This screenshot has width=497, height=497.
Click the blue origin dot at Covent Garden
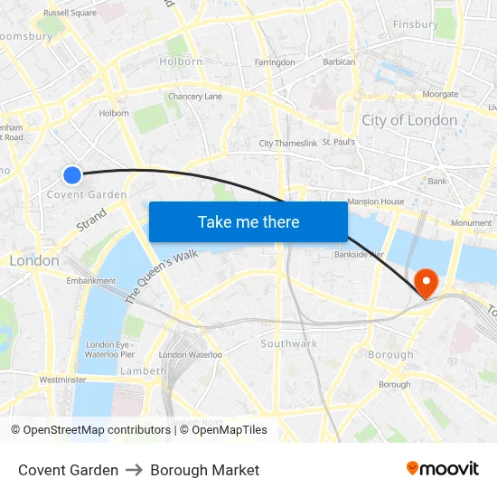(72, 174)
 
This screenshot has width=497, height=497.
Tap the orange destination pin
(424, 282)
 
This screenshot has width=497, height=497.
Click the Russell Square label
(70, 13)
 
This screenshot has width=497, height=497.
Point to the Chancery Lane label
(194, 97)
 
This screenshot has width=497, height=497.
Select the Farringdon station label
(275, 62)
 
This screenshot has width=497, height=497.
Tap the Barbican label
(339, 62)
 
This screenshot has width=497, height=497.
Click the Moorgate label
(440, 94)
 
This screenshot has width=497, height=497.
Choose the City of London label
(409, 120)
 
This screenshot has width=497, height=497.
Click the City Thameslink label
(287, 143)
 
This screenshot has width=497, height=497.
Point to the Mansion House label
(375, 202)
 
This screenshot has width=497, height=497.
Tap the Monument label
(471, 222)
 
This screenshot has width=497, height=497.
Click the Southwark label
(288, 343)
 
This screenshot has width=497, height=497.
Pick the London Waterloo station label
(190, 355)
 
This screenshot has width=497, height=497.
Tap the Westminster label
(62, 380)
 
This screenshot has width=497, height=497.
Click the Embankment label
(91, 281)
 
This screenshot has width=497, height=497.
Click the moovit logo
(442, 469)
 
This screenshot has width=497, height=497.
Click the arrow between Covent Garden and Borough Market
(134, 470)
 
